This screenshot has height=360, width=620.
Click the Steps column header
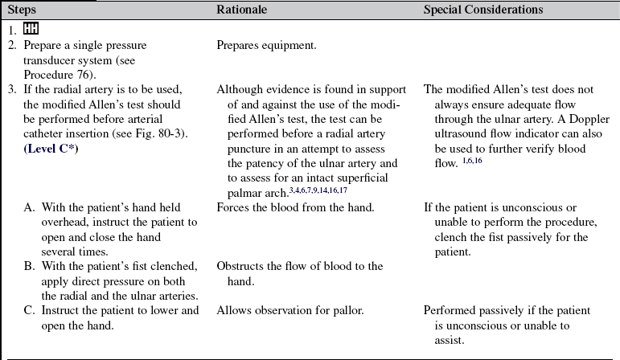(21, 10)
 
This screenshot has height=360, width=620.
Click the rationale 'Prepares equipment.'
(266, 45)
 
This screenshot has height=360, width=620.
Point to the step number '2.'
(12, 45)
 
